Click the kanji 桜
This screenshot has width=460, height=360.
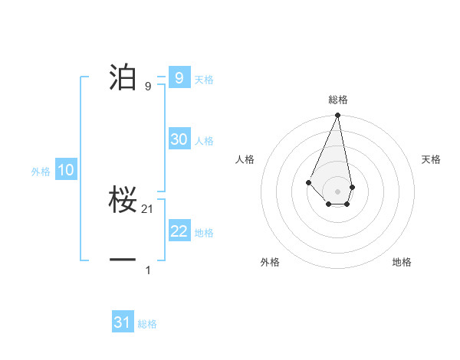(x=123, y=201)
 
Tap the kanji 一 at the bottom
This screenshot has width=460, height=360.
(x=123, y=260)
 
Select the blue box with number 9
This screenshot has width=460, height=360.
(x=179, y=77)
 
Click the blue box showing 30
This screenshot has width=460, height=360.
(x=179, y=139)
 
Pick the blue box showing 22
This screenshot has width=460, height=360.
(x=179, y=231)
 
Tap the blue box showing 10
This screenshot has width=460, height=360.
(x=66, y=170)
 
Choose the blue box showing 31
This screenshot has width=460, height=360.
(x=123, y=322)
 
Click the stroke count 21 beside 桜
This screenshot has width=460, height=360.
(x=148, y=209)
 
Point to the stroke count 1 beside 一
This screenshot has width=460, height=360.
(x=148, y=270)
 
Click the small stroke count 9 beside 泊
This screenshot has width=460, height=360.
(x=148, y=87)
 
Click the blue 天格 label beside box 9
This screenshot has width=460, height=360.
(x=204, y=80)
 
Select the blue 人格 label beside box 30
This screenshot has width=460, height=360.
(x=204, y=141)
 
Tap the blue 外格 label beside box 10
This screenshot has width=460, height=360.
(x=41, y=172)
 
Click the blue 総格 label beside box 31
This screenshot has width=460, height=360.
(x=147, y=324)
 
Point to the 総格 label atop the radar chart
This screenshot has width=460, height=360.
(x=338, y=100)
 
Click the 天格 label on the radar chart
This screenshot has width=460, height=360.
(x=431, y=159)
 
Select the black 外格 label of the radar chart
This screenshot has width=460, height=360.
(x=270, y=262)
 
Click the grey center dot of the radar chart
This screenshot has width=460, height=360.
(x=338, y=191)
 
